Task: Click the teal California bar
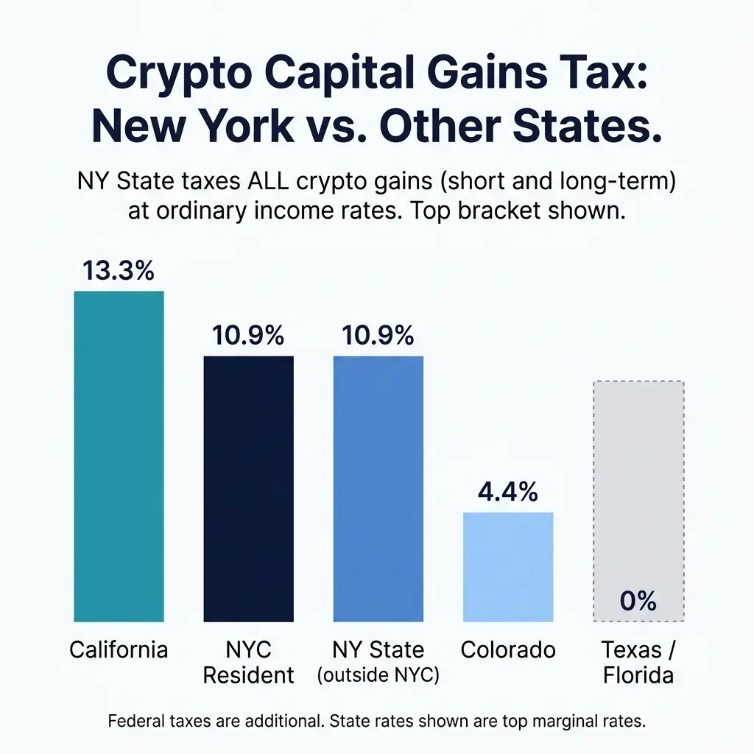point(119,457)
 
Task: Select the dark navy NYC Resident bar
point(248,489)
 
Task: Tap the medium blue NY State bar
point(378,489)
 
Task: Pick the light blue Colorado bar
point(507,567)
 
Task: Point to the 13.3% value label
point(119,271)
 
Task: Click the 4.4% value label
point(507,491)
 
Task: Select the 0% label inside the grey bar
point(638,602)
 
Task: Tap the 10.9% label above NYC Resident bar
point(248,336)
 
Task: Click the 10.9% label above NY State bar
point(378,336)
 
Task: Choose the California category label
point(119,650)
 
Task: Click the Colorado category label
point(507,650)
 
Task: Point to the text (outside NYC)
point(378,675)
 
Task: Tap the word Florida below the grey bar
point(638,675)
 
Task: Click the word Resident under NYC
point(248,675)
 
